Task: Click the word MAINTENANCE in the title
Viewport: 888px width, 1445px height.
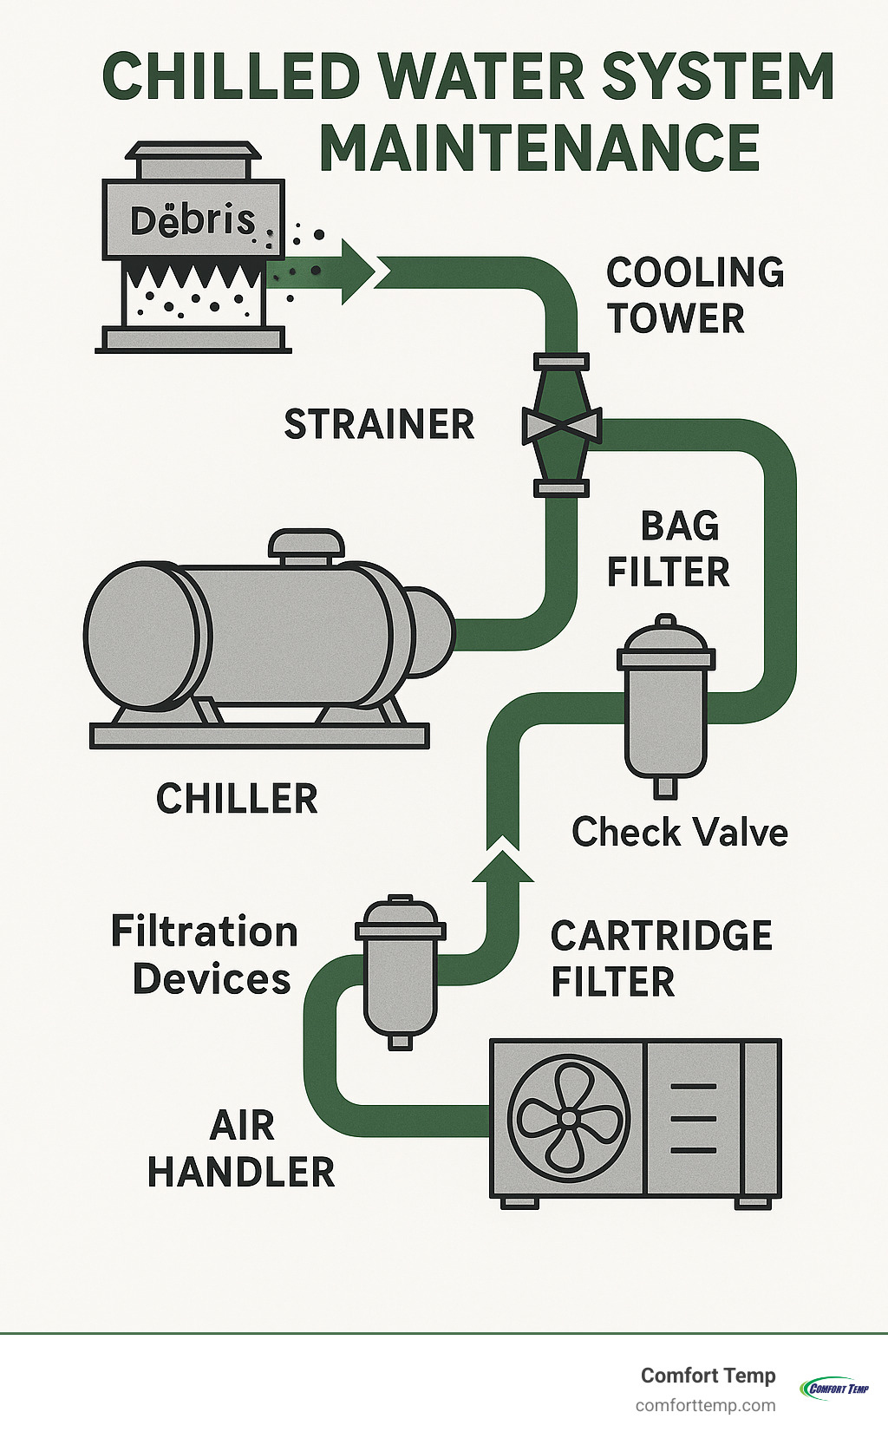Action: (x=539, y=148)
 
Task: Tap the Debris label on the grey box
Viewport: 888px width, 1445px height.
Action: (x=193, y=220)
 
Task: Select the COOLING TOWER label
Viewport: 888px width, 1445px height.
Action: (x=694, y=296)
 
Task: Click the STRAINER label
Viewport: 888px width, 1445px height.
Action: (x=379, y=425)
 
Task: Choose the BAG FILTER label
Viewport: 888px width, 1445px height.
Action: (x=668, y=549)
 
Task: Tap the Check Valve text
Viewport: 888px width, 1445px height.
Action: (x=679, y=833)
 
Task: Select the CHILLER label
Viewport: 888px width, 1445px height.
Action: (x=237, y=799)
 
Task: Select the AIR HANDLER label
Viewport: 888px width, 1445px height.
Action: (x=241, y=1149)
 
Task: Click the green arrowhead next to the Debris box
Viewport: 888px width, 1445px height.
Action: (x=356, y=271)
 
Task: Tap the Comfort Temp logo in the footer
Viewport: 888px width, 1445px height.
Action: (x=833, y=1388)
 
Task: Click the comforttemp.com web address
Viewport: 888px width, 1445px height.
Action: (x=705, y=1405)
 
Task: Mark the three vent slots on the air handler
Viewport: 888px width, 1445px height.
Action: (x=693, y=1118)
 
